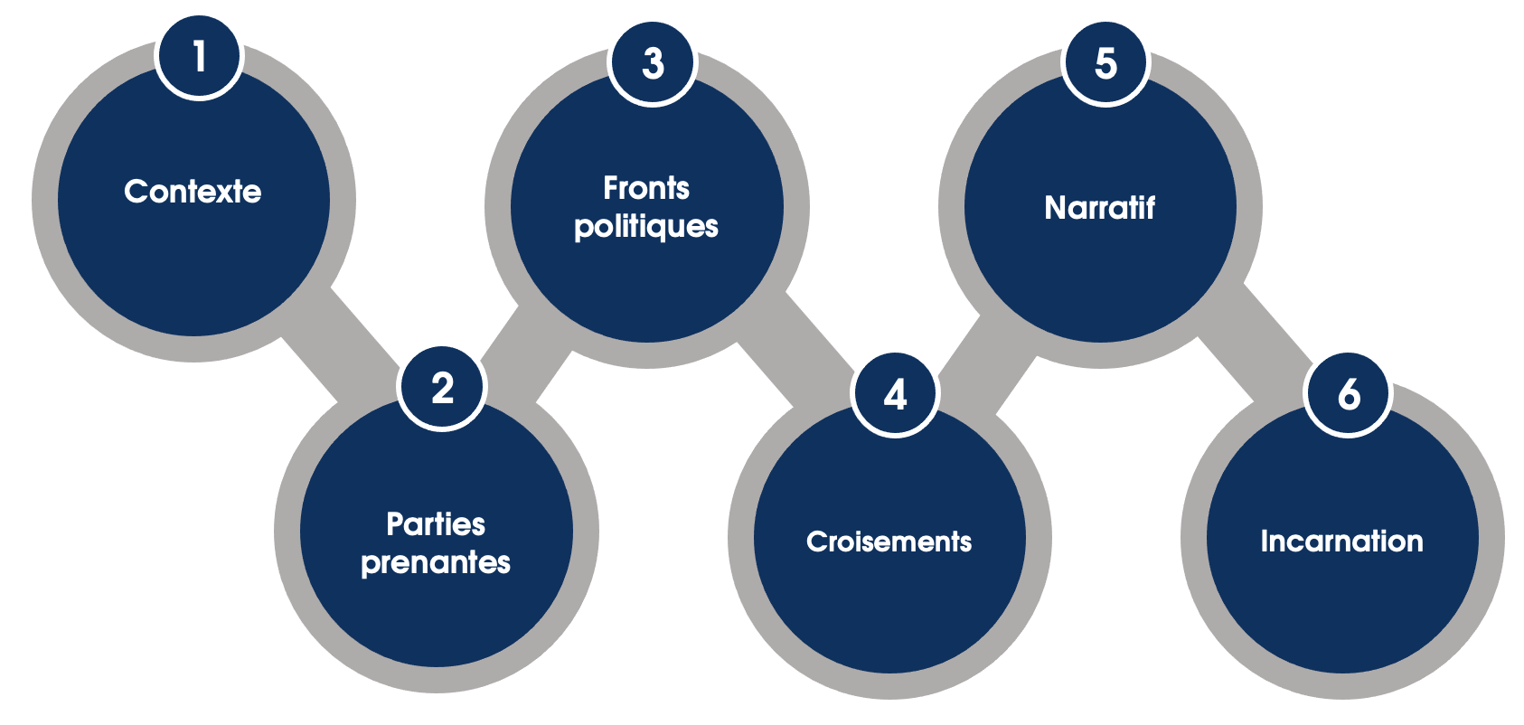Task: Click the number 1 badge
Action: coord(199,55)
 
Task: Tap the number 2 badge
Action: coord(442,388)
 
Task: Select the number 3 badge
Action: coord(653,62)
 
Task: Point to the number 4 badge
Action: coord(895,394)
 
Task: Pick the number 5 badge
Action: coord(1105,62)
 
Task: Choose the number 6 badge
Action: coord(1348,394)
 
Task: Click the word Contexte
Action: coord(193,192)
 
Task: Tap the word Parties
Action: coord(436,524)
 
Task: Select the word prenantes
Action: coord(436,563)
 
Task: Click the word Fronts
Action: coord(646,188)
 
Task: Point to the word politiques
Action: coord(646,227)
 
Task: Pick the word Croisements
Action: coord(889,541)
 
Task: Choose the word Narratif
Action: coord(1100,208)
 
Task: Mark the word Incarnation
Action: coord(1342,541)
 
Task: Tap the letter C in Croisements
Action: coord(816,541)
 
